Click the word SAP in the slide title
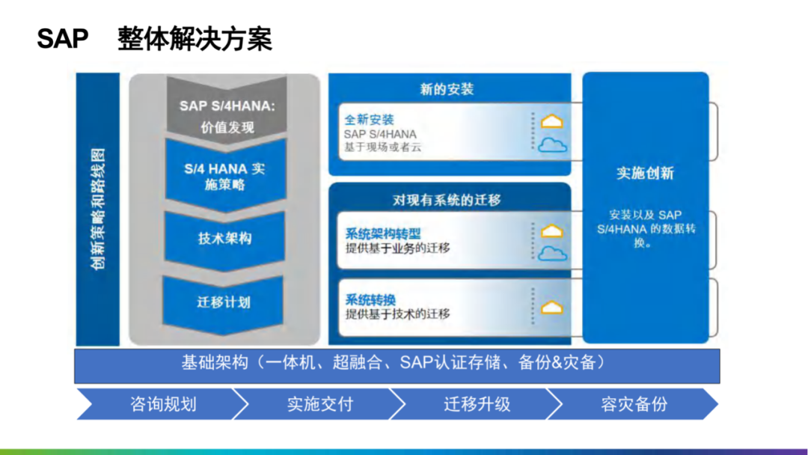pos(63,39)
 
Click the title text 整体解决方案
pos(195,39)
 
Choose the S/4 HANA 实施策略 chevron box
pos(224,177)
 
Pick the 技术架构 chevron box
pos(224,239)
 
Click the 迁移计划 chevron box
pos(224,302)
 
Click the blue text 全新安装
pos(369,120)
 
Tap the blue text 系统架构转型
pos(382,233)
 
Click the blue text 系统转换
pos(370,299)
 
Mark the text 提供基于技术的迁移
pos(397,314)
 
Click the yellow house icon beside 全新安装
pos(552,121)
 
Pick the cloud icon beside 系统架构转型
pos(552,254)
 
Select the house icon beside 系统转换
pos(552,308)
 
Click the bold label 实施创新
pos(645,173)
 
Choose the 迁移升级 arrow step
pos(477,404)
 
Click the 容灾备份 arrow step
pos(634,404)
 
